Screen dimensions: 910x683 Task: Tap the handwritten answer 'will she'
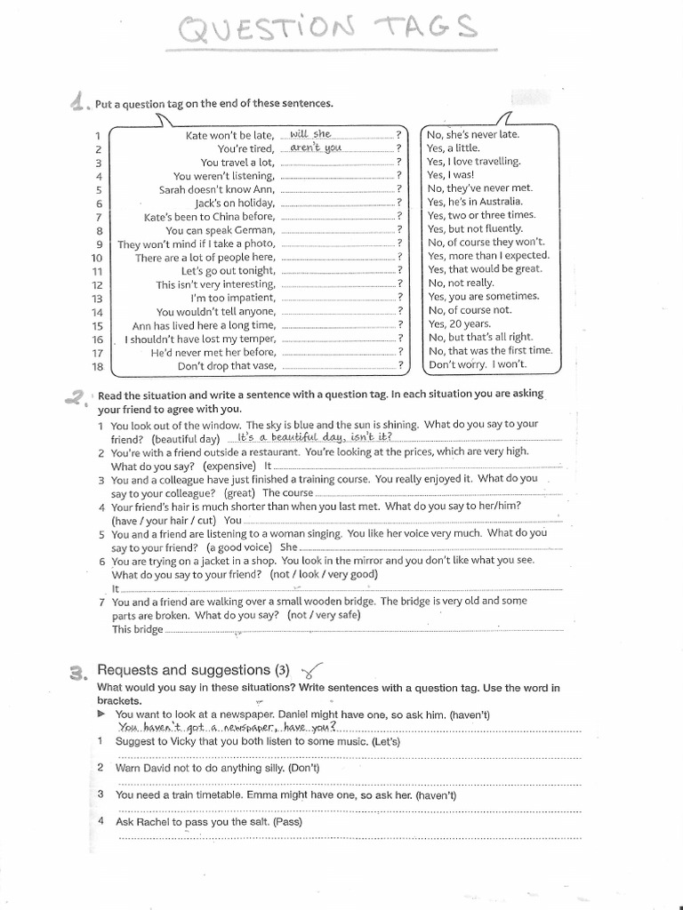pyautogui.click(x=310, y=134)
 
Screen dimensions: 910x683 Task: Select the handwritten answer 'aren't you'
pyautogui.click(x=316, y=148)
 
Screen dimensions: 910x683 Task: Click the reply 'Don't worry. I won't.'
pyautogui.click(x=477, y=364)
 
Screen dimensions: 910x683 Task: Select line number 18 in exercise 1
pyautogui.click(x=98, y=366)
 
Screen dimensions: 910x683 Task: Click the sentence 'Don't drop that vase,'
pyautogui.click(x=226, y=365)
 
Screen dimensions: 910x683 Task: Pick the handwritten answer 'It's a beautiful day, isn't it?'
pyautogui.click(x=309, y=438)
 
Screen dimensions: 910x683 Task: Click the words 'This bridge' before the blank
pyautogui.click(x=138, y=629)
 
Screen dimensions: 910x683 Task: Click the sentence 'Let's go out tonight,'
pyautogui.click(x=228, y=270)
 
